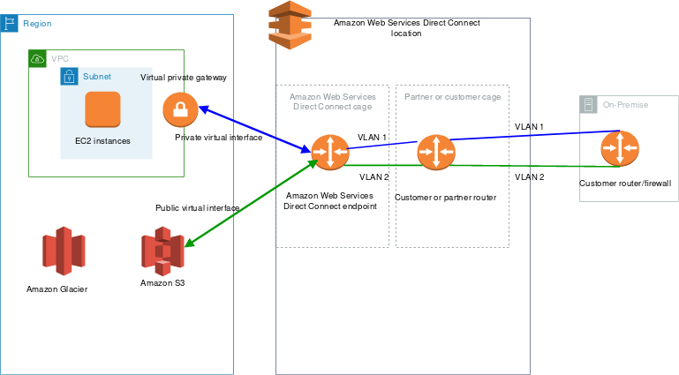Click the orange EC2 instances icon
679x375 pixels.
pos(102,109)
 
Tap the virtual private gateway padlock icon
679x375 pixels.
pos(179,109)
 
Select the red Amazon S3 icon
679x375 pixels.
pos(162,251)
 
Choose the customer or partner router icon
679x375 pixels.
pos(435,153)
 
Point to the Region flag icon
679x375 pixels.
pos(10,22)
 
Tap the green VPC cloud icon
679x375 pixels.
pos(37,58)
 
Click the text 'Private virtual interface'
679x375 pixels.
pos(218,138)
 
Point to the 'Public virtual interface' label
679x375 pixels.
pos(197,208)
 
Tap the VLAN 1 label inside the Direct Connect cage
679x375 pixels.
pos(372,138)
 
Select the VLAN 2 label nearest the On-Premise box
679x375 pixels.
pos(530,177)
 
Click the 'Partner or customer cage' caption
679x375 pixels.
pos(452,95)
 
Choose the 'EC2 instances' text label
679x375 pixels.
pos(102,141)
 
